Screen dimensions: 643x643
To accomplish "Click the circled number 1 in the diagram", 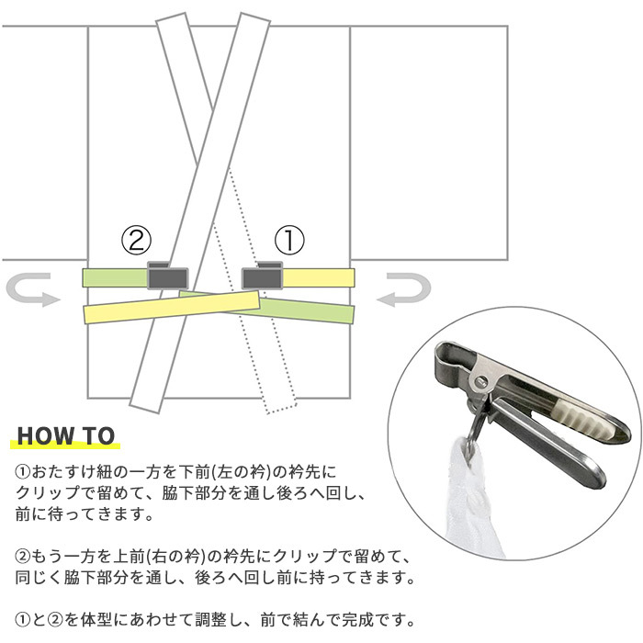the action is pos(289,240).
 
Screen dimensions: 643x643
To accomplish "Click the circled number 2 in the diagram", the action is pos(137,241).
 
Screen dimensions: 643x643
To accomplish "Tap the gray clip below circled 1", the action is pos(262,276).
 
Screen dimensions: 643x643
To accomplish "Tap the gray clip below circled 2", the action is pos(168,276).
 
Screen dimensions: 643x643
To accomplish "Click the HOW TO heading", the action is pos(65,435).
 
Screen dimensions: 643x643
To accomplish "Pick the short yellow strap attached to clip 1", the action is pos(318,277).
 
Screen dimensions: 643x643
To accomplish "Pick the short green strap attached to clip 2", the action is pos(115,277).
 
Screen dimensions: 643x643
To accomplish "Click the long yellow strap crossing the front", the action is pos(172,307).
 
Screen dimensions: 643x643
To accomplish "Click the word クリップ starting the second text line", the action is pos(47,492).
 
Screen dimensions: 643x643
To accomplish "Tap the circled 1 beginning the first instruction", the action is pos(23,471).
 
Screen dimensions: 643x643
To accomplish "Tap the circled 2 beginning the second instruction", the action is pos(23,557).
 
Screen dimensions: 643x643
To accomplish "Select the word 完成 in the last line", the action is pos(358,620).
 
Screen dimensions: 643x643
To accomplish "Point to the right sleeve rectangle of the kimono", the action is pos(429,142).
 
